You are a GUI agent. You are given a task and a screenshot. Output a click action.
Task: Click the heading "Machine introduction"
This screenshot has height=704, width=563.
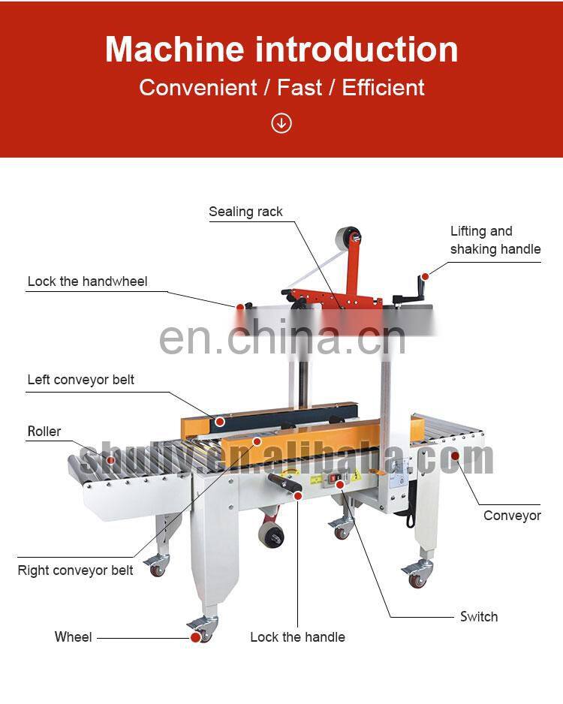281,50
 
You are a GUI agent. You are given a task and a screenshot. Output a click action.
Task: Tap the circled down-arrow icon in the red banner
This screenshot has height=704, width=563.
281,122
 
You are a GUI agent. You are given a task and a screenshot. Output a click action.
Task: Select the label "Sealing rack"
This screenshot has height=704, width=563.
245,212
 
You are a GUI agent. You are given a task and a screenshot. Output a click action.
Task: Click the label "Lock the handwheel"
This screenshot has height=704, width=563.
87,281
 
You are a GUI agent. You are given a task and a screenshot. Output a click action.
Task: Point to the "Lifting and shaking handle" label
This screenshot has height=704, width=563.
495,240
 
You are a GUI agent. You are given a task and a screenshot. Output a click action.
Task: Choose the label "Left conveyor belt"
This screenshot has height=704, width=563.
81,380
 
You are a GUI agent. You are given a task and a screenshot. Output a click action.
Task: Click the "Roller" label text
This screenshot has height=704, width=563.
44,432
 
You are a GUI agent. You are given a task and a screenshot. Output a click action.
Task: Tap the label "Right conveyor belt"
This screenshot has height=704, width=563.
75,570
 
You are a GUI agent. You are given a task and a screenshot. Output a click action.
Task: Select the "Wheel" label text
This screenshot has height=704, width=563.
74,637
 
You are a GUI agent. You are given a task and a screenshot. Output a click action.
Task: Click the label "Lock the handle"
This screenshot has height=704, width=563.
297,637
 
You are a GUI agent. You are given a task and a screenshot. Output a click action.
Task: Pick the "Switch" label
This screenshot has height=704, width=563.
479,617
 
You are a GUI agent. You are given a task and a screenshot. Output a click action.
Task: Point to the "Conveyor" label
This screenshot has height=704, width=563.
512,516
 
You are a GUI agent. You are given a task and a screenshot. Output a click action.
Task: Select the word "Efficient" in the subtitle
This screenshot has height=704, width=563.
383,87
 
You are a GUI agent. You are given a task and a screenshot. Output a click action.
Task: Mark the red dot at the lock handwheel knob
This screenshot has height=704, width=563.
239,306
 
